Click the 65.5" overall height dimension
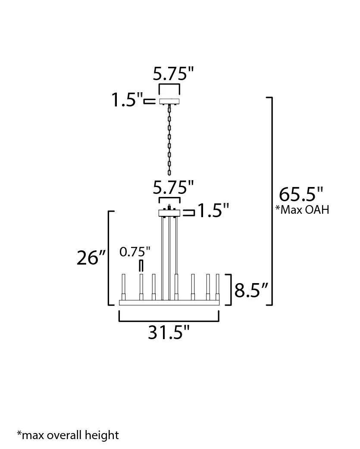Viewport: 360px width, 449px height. (x=301, y=194)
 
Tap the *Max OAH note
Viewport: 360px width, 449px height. (x=302, y=210)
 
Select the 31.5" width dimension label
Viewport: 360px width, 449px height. (x=169, y=332)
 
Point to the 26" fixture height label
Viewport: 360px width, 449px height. (x=91, y=257)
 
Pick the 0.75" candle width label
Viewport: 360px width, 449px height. (x=135, y=252)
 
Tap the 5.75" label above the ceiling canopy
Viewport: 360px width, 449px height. (x=173, y=74)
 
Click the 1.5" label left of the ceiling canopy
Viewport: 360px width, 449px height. (x=127, y=100)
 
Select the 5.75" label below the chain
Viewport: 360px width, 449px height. (x=173, y=187)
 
